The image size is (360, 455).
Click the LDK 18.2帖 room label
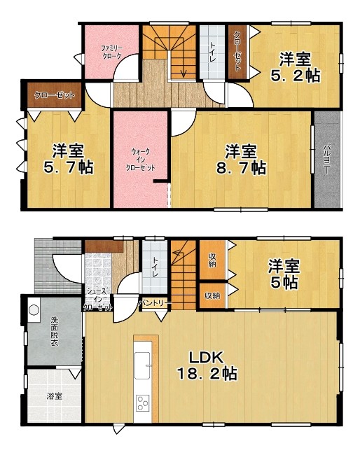pos(207,365)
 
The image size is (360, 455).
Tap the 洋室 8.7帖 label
pos(241,160)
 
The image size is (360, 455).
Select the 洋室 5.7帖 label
pos(69,159)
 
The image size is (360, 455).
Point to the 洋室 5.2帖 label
pos(296,67)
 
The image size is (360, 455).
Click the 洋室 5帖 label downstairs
pos(284,274)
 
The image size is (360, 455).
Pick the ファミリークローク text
pos(112,52)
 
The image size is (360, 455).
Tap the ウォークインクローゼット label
pos(140,160)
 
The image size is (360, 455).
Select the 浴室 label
pos(55,395)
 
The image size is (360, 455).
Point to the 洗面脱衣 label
pos(55,331)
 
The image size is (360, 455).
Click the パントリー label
pos(154,304)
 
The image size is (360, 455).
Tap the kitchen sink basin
pos(142,365)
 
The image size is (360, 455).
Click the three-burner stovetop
pos(142,403)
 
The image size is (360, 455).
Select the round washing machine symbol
pos(34,310)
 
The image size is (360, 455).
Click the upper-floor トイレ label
pos(213,52)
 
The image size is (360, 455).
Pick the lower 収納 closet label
pos(212,296)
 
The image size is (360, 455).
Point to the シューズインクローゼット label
pos(98,299)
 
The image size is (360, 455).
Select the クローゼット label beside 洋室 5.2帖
pos(237,51)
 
